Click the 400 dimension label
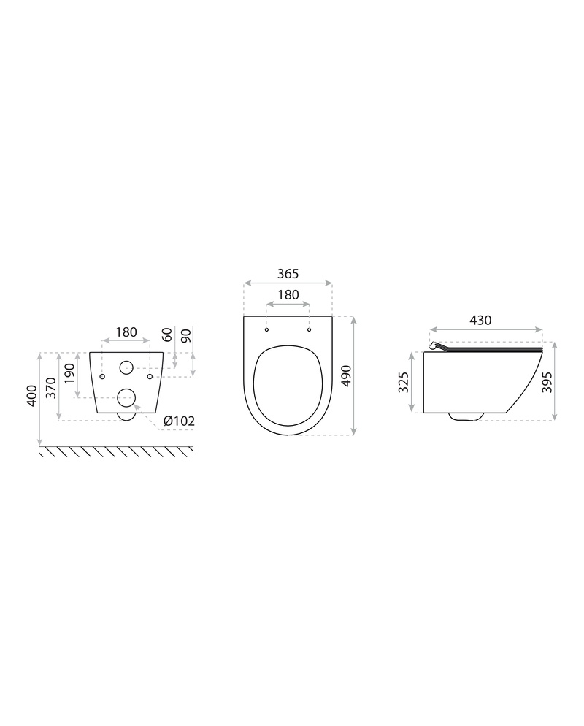point(31,395)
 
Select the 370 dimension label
point(51,388)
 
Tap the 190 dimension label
point(69,373)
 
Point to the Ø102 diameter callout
point(179,421)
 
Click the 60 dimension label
point(167,335)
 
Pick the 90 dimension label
point(186,336)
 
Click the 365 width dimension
point(288,274)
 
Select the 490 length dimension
point(347,376)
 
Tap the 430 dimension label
point(480,320)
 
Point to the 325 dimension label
point(404,383)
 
